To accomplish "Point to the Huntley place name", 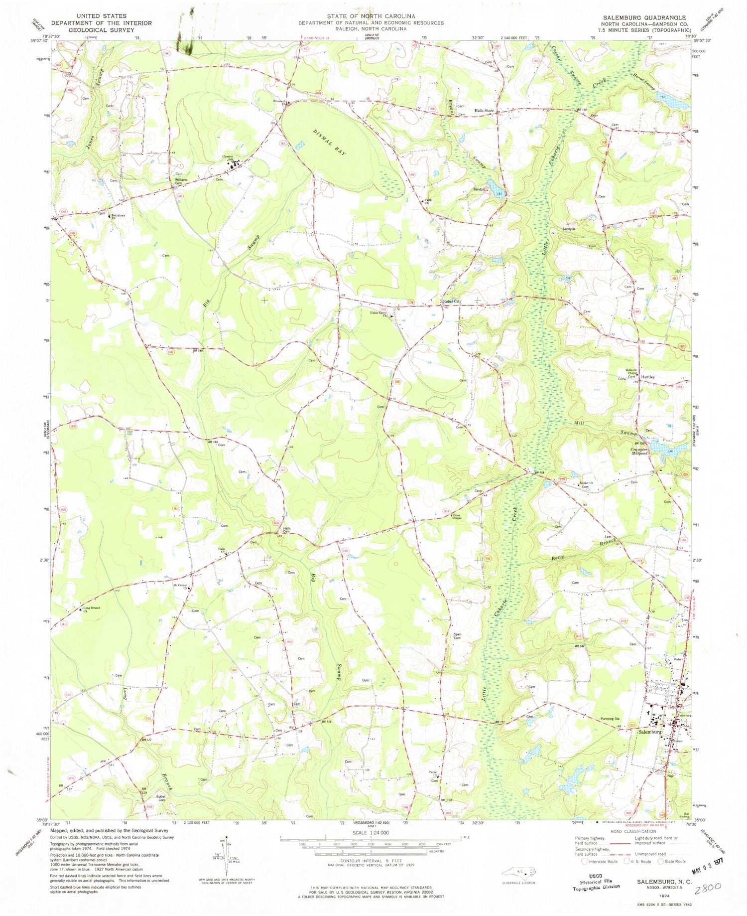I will [648, 377].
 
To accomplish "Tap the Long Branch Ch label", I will [93, 611].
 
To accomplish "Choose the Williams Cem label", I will [181, 181].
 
